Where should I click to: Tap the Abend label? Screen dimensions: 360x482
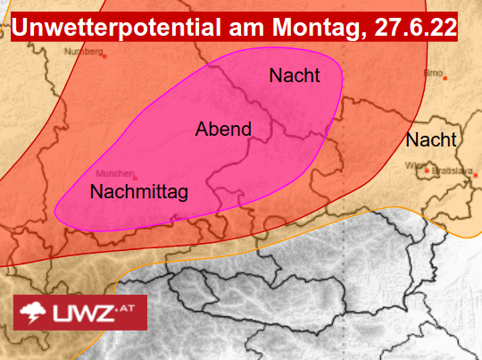coord(223,130)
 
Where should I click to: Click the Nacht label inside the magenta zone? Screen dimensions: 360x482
coord(295,77)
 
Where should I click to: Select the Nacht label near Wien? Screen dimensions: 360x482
coord(431,140)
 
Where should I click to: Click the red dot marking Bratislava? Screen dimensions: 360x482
coord(429,170)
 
